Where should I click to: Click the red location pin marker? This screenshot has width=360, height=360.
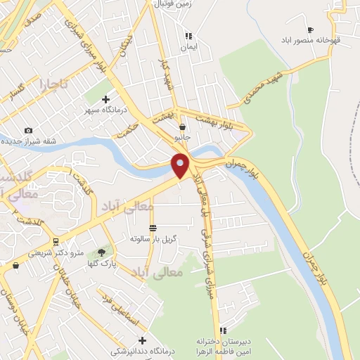coord(181,165)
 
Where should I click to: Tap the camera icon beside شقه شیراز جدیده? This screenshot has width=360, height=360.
coord(28,130)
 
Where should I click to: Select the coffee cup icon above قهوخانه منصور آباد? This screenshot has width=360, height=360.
coord(310,29)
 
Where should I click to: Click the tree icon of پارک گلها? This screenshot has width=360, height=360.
coord(101,252)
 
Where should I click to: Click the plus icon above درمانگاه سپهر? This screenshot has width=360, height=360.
coord(106,99)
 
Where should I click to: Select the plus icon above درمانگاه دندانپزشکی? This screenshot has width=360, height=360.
coord(142,340)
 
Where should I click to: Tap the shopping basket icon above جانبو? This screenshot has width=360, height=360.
coord(183,127)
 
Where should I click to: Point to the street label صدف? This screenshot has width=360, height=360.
coord(32,22)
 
